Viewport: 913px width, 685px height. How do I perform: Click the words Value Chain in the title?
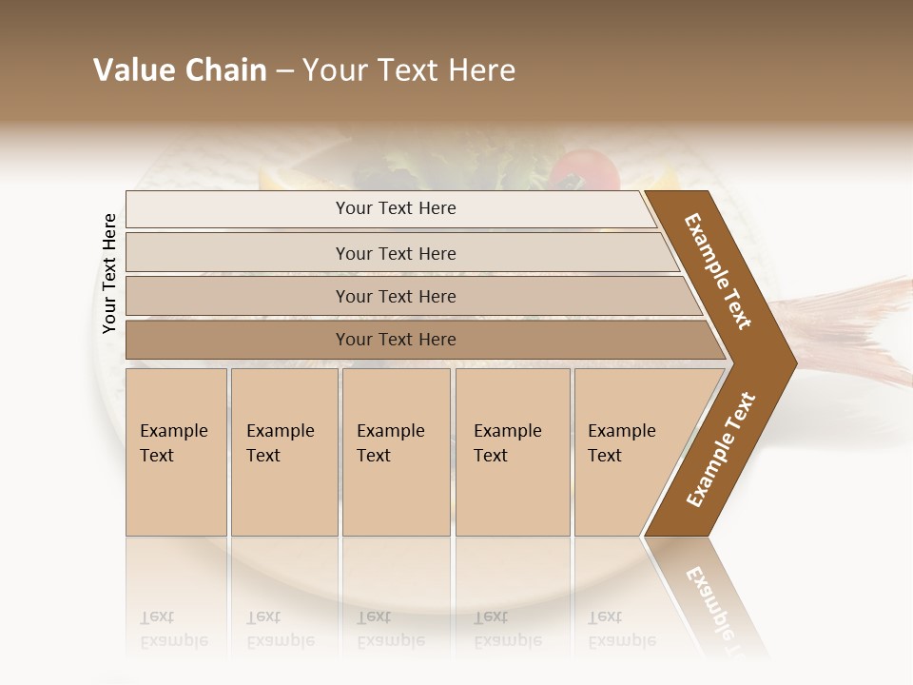coord(180,70)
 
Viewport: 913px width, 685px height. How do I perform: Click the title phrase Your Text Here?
coord(409,70)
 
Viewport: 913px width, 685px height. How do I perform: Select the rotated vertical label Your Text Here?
coord(109,273)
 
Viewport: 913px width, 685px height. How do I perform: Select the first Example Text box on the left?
coord(176,452)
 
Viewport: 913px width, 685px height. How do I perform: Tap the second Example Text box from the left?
coord(283,452)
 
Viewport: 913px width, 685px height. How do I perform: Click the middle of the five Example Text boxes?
coord(396,452)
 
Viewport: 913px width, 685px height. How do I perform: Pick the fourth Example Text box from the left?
coord(512,452)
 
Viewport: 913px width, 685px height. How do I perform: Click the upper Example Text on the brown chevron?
coord(718,271)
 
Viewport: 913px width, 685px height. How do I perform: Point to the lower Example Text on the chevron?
coord(721,449)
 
